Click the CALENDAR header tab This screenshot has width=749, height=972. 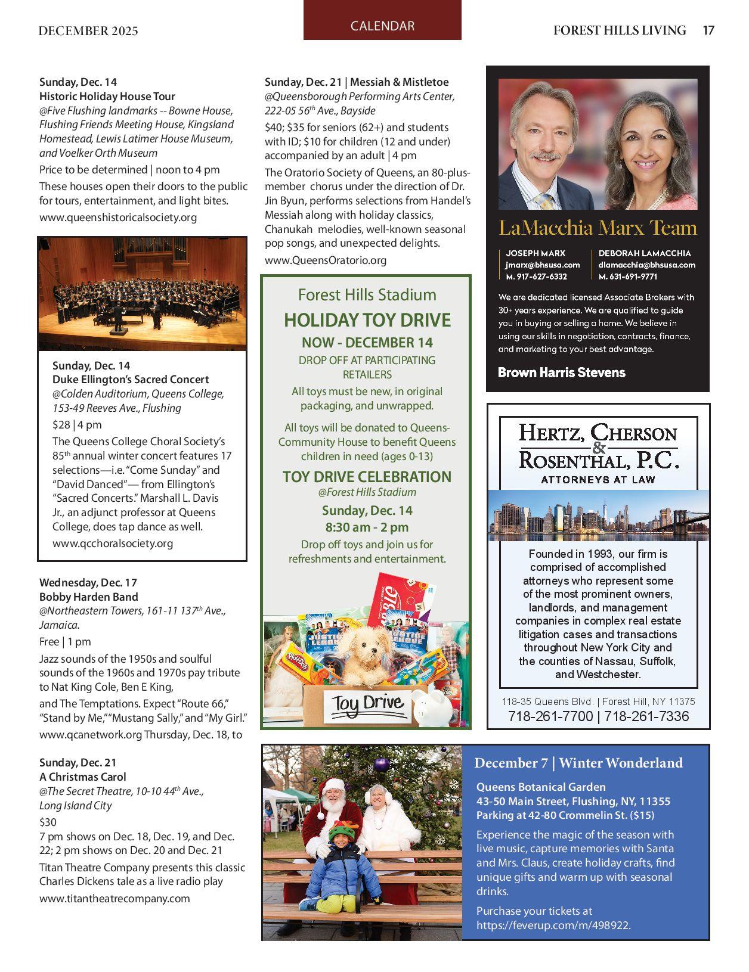[x=382, y=26]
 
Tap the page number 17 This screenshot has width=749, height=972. [x=708, y=30]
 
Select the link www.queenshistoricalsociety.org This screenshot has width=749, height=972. [x=118, y=218]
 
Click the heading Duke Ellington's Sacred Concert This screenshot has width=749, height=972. [x=131, y=380]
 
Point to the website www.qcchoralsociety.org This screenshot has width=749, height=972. [x=113, y=544]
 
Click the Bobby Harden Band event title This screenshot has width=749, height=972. [x=88, y=597]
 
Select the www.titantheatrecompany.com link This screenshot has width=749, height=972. [x=114, y=899]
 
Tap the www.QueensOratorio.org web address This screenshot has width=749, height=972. [x=326, y=260]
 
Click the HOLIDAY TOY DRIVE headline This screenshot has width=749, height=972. [x=367, y=321]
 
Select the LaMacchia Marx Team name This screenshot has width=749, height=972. [x=598, y=228]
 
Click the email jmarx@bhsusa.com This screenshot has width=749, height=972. [x=542, y=265]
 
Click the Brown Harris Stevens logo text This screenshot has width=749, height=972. [x=561, y=373]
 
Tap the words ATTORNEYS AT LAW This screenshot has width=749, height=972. [x=598, y=480]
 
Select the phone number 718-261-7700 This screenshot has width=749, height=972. [x=550, y=716]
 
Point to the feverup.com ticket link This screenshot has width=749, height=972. [x=553, y=926]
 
